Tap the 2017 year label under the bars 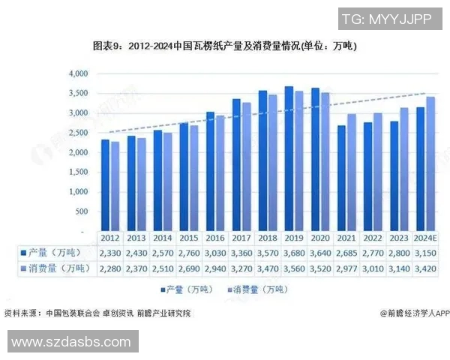[241, 238]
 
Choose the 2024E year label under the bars [425, 238]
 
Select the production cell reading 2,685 [346, 253]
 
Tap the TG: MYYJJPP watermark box [386, 19]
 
